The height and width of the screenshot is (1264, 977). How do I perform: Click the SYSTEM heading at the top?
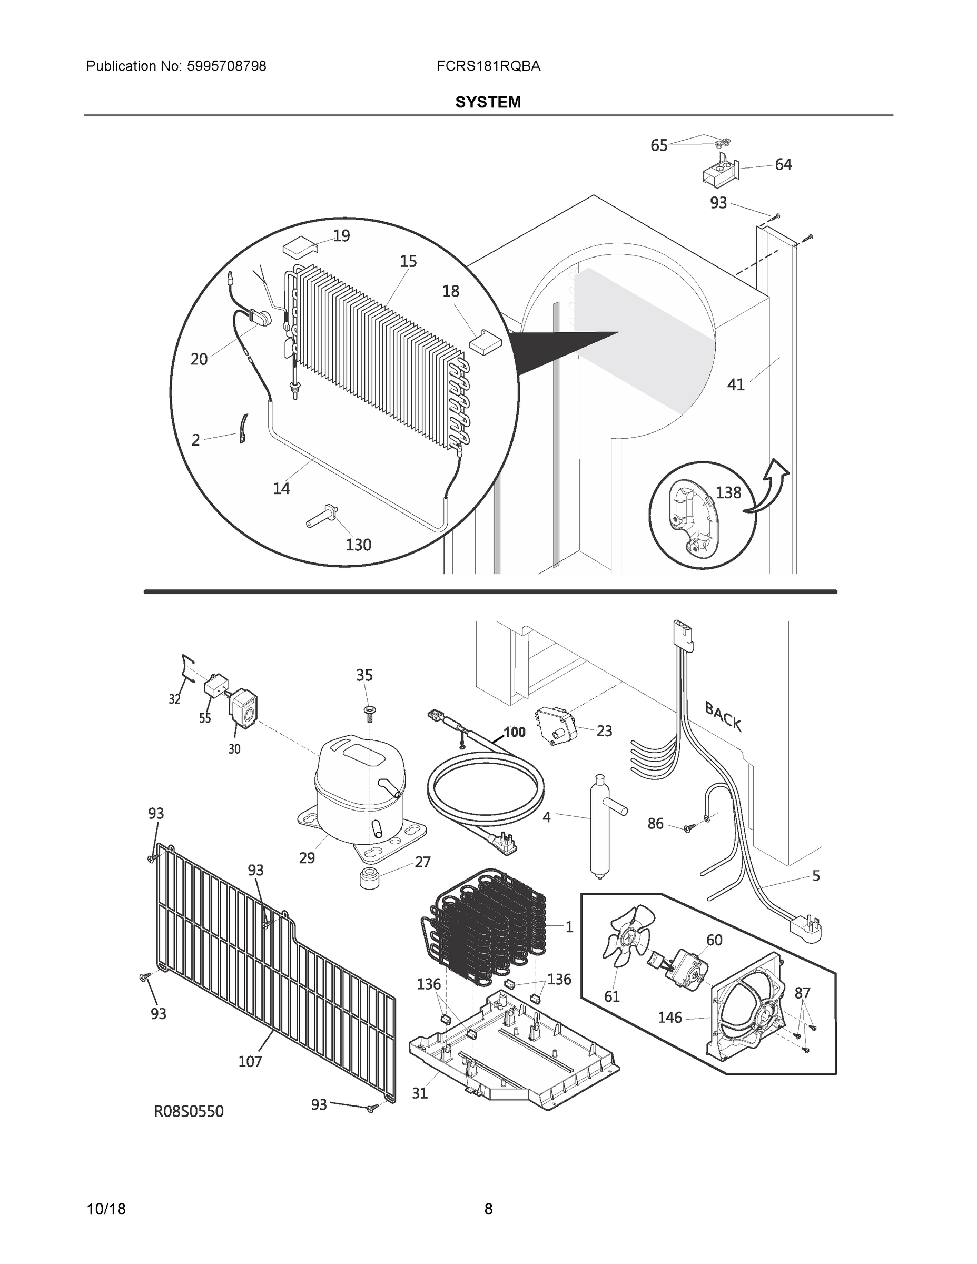pos(488,103)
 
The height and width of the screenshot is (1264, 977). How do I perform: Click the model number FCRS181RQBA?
pos(489,66)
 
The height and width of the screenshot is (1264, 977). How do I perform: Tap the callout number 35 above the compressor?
pos(364,675)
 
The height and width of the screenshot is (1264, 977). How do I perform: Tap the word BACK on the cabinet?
pos(723,716)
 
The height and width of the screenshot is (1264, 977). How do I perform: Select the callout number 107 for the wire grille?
pos(250,1061)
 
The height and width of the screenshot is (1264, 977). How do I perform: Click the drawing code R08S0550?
pos(189,1111)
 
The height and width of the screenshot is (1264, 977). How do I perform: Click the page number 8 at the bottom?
pos(488,1209)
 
